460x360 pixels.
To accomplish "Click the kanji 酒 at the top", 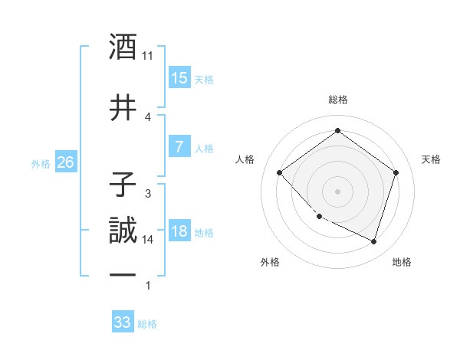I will click(x=123, y=47).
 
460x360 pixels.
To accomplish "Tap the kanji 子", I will click(x=123, y=185).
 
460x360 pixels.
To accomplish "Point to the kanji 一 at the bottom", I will click(x=123, y=276).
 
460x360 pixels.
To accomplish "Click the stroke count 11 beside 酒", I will click(x=148, y=56).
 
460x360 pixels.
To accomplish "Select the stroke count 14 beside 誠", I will click(x=148, y=240).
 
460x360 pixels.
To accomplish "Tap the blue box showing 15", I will click(x=179, y=78).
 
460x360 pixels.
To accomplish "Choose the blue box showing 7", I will click(x=179, y=147).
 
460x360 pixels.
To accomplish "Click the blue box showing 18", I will click(x=179, y=231).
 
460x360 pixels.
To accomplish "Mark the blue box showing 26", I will click(x=65, y=162).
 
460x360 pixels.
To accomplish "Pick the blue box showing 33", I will click(x=122, y=322).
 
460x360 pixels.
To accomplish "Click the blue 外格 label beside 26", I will click(x=41, y=163).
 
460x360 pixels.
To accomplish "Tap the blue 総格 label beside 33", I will click(x=147, y=324).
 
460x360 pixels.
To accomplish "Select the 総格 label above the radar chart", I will click(x=338, y=100).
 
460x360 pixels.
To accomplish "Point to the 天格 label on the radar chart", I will click(x=431, y=159).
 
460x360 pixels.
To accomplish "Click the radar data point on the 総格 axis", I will click(x=337, y=131).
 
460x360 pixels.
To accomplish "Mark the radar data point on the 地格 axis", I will click(x=373, y=241).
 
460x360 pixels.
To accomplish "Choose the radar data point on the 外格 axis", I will click(x=319, y=217).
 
